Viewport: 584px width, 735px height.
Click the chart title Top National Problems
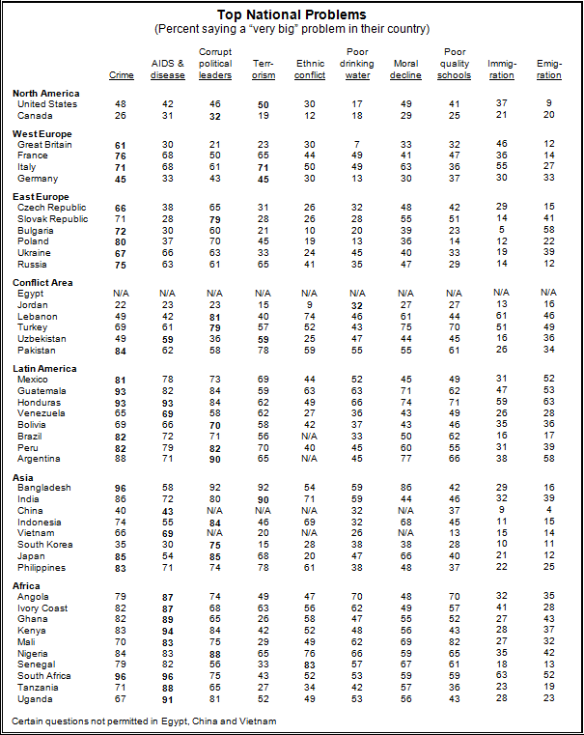(x=292, y=15)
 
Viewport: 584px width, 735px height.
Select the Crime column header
(x=122, y=75)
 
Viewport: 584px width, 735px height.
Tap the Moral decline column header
(x=405, y=70)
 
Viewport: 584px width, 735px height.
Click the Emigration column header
(x=549, y=70)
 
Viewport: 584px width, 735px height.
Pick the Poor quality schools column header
(x=455, y=64)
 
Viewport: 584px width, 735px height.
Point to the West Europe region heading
(x=42, y=134)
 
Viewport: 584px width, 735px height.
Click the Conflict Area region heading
(x=42, y=283)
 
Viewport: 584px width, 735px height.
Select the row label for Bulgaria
(x=36, y=231)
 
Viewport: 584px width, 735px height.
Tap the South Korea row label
(x=45, y=545)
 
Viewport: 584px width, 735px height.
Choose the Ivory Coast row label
(x=42, y=608)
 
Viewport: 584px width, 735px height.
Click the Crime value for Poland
(x=121, y=241)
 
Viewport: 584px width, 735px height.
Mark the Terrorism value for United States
(x=264, y=105)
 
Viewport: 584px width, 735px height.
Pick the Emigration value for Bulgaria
(x=549, y=230)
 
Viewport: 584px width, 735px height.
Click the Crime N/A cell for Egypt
(x=121, y=294)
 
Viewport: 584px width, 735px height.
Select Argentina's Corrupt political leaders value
(x=215, y=460)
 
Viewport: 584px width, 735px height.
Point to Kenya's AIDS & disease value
(x=168, y=632)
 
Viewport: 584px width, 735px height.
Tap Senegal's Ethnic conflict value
(x=310, y=665)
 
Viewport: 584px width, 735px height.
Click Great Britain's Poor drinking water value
(x=357, y=144)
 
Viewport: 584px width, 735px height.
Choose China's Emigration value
(x=549, y=510)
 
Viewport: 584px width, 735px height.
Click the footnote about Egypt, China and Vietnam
(x=144, y=721)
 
